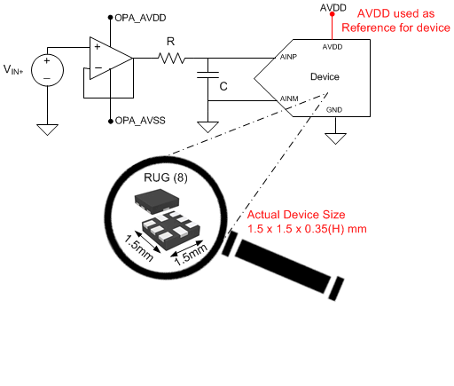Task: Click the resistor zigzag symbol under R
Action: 171,59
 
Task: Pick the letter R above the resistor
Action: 171,41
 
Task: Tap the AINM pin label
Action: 288,98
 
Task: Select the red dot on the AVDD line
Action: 333,26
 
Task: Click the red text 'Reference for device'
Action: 396,28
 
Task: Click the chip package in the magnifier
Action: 165,217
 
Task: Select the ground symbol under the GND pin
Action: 334,138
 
